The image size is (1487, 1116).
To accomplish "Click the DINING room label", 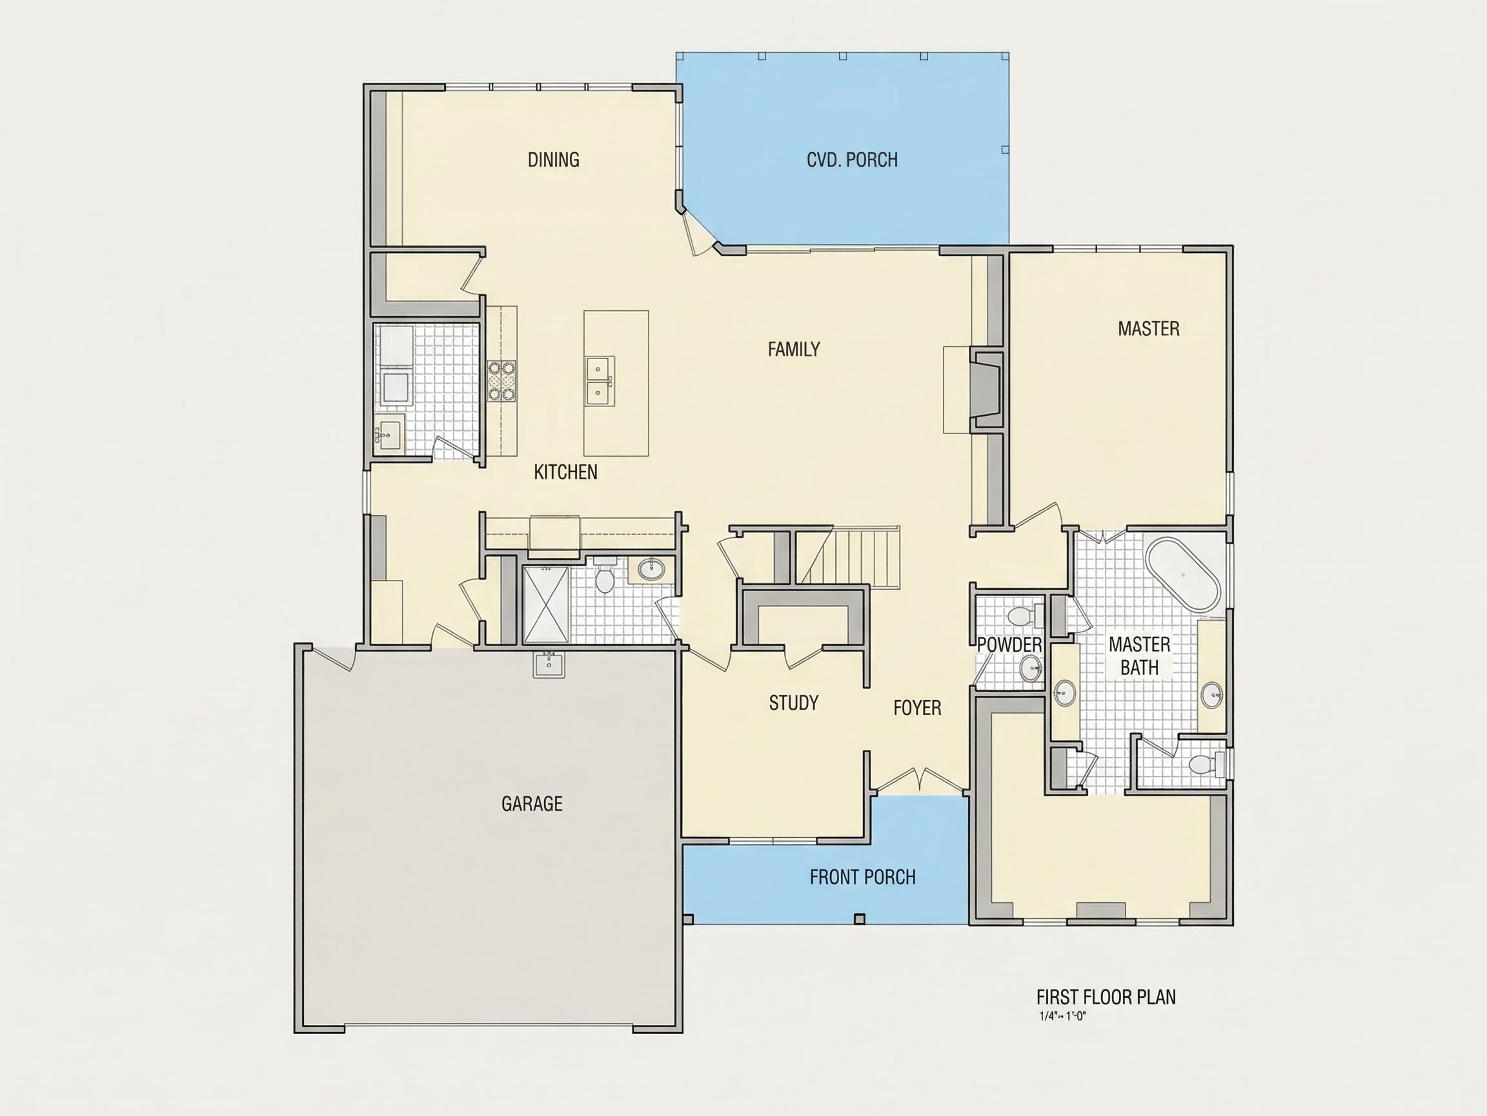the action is coord(553,160).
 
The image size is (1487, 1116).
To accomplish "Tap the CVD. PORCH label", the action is coord(852,160).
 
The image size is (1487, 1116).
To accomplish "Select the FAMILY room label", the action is coord(794,349).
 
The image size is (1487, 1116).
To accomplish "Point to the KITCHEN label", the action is coord(565,472).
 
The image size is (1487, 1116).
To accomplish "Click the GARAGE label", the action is coord(532,804).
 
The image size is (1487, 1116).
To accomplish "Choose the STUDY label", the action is coord(794,703).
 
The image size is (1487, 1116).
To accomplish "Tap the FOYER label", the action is coord(917,708).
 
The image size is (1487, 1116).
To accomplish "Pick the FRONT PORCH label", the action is coord(862,877).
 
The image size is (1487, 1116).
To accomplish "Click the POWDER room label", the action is coord(1009,645).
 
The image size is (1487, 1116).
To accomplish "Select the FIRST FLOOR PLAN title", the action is coord(1106,997).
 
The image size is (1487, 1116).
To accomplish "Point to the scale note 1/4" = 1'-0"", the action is coord(1063,1017).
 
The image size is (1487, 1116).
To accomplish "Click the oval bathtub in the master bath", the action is coord(1182,576).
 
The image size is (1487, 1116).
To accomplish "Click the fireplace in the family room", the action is coord(985,389).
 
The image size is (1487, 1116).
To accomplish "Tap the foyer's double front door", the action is coord(920,779).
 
